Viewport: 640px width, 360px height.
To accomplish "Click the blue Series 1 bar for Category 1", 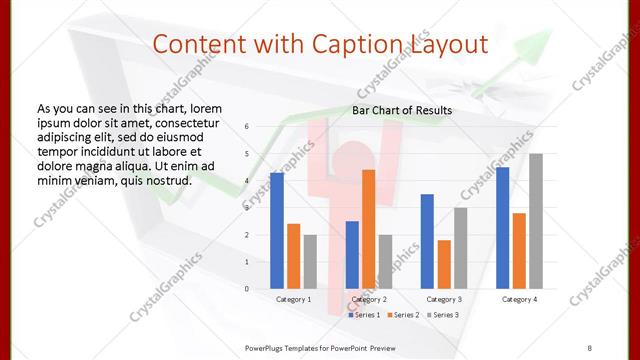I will point(276,231).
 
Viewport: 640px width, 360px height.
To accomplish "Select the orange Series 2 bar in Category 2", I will point(368,229).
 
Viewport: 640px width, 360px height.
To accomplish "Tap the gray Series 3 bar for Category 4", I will point(536,221).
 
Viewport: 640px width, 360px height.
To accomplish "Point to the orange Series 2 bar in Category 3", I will point(444,264).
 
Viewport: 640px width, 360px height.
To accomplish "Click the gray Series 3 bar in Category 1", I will point(310,261).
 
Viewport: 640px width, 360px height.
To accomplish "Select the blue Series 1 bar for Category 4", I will point(502,228).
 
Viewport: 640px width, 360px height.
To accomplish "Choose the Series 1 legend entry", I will point(364,315).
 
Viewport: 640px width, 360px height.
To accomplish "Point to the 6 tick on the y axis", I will point(246,127).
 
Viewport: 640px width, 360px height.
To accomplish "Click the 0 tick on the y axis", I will point(246,289).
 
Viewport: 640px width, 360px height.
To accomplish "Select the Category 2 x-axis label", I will point(368,299).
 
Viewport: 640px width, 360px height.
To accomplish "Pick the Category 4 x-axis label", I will point(519,299).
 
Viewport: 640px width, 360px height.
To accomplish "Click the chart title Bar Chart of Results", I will point(401,110).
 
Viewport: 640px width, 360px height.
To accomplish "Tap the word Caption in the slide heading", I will point(366,46).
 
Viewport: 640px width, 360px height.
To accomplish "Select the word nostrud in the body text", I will point(163,180).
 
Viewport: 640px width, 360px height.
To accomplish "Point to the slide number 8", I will point(590,347).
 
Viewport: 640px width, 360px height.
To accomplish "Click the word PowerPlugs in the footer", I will point(266,347).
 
